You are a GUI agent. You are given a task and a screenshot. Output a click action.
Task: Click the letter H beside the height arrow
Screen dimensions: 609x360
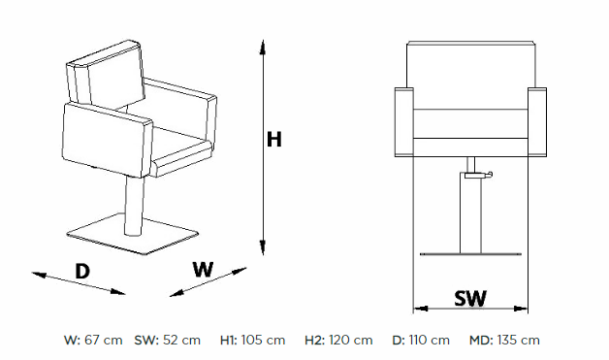pyautogui.click(x=273, y=139)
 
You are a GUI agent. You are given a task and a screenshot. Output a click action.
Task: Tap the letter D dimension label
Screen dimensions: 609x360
pyautogui.click(x=82, y=271)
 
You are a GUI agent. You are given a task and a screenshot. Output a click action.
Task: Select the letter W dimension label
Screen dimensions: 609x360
pyautogui.click(x=203, y=269)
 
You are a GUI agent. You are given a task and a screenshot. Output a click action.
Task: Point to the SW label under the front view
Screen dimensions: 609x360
pyautogui.click(x=470, y=298)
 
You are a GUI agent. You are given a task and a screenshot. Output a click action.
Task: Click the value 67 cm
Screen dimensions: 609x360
pyautogui.click(x=104, y=341)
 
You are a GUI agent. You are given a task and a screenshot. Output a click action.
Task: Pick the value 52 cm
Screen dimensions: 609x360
pyautogui.click(x=181, y=341)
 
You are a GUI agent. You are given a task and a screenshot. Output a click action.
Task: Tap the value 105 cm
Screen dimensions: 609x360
pyautogui.click(x=263, y=341)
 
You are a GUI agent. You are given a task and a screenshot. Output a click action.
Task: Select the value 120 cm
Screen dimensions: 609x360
pyautogui.click(x=351, y=341)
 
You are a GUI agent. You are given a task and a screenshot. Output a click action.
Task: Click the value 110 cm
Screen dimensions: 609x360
pyautogui.click(x=429, y=341)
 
